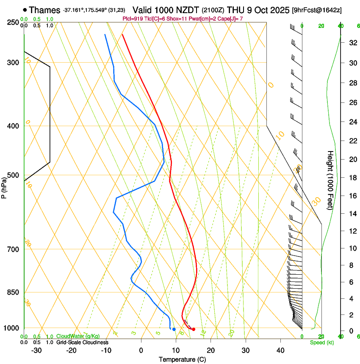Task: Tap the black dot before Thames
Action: pyautogui.click(x=25, y=10)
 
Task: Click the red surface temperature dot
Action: pyautogui.click(x=194, y=329)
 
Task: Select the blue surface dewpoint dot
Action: pyautogui.click(x=174, y=329)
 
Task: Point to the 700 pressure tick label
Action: pyautogui.click(x=14, y=249)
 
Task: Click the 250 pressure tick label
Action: pyautogui.click(x=14, y=22)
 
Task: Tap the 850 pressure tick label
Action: pyautogui.click(x=14, y=292)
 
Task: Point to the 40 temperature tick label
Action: pyautogui.click(x=280, y=350)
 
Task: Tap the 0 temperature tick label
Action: pyautogui.click(x=141, y=350)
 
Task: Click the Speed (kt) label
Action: pyautogui.click(x=321, y=342)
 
